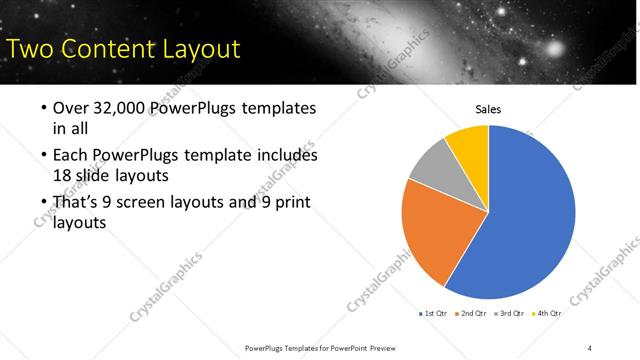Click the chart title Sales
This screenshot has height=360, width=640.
coord(487,110)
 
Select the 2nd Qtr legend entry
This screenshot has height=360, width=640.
coord(471,313)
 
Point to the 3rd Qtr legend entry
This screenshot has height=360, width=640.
coord(509,313)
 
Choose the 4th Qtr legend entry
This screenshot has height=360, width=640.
coord(547,313)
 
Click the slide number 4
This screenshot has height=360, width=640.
coord(590,347)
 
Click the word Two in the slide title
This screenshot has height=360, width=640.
coord(30,48)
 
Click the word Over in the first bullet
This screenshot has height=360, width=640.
coord(71,108)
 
